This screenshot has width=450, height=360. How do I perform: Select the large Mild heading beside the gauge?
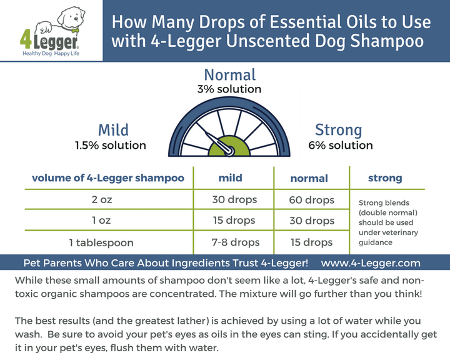(113, 130)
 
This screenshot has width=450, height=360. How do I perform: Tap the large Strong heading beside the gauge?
(338, 130)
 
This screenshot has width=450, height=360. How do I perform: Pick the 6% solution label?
(341, 146)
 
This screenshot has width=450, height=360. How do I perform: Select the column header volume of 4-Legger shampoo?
(108, 178)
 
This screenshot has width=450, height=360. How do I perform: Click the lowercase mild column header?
(230, 178)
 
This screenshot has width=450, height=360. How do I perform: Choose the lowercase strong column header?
(385, 178)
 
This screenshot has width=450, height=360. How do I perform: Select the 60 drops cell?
(311, 200)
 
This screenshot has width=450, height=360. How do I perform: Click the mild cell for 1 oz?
(233, 221)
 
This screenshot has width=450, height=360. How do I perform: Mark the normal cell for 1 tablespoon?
(311, 242)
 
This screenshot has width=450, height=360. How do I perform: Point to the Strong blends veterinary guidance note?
(388, 222)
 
